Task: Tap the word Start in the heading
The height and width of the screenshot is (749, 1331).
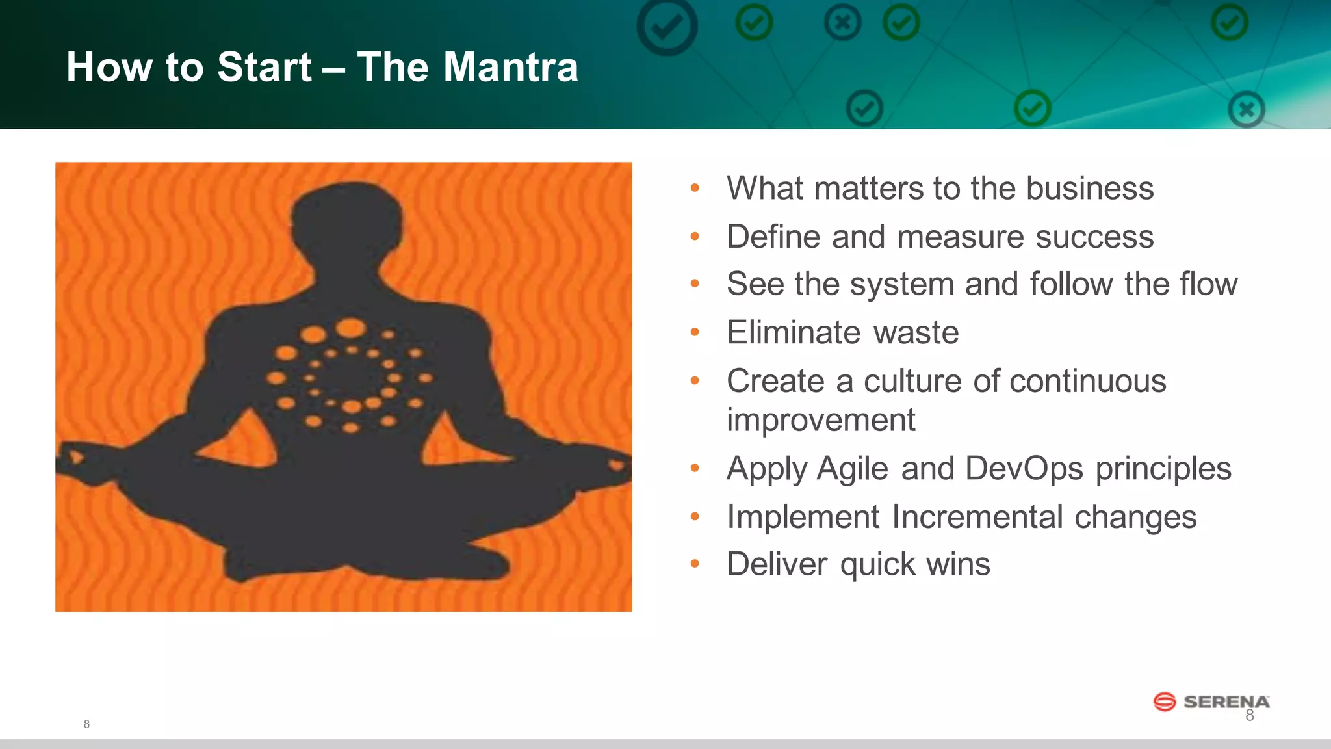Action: click(x=264, y=67)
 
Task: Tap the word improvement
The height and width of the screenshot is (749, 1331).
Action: click(x=820, y=420)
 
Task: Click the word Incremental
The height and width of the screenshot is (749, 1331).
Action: click(x=977, y=517)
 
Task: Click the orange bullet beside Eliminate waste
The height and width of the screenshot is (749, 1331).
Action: click(x=695, y=332)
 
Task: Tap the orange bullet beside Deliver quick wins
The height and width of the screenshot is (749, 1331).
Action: click(x=695, y=564)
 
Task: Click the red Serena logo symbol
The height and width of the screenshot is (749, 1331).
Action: click(x=1164, y=702)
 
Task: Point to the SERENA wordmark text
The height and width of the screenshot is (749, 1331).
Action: click(x=1226, y=702)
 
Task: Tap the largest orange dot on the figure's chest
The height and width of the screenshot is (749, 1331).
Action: click(x=351, y=328)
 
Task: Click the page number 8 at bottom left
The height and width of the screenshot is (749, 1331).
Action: click(x=86, y=724)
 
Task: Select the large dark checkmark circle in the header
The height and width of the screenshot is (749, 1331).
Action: click(x=667, y=27)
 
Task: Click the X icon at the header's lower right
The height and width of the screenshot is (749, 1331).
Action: click(x=1246, y=109)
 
